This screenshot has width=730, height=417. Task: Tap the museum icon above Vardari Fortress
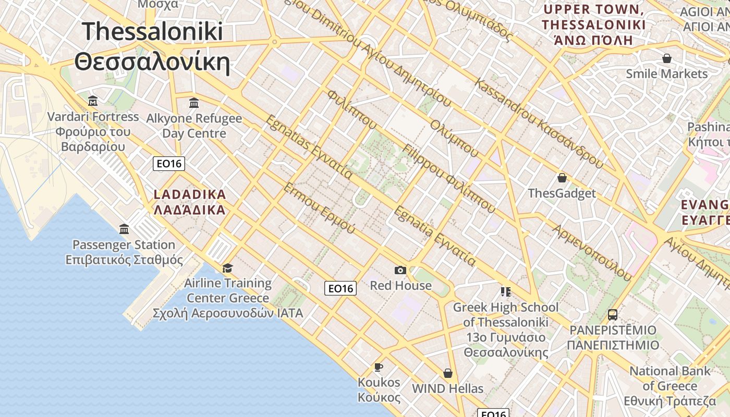pos(93,101)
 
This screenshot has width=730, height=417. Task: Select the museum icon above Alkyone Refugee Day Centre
pos(194,103)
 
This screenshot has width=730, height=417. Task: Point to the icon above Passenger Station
pos(124,229)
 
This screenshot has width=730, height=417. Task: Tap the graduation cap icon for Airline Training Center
pos(227,268)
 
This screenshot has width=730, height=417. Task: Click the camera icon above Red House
pos(400,270)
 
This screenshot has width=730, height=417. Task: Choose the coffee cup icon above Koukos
pos(379,367)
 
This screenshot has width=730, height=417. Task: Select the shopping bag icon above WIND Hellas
pos(447,373)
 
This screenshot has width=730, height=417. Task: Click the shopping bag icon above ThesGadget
pos(562,178)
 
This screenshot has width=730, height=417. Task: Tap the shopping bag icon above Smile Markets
pos(666,58)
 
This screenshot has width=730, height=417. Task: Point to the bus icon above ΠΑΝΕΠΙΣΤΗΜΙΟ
pos(613,315)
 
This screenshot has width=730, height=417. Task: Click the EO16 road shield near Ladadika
pos(169,164)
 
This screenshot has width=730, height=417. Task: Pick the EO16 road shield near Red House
pos(340,288)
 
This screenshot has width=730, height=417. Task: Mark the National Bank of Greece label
pos(670,386)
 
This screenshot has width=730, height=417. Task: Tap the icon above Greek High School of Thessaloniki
pos(505,291)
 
